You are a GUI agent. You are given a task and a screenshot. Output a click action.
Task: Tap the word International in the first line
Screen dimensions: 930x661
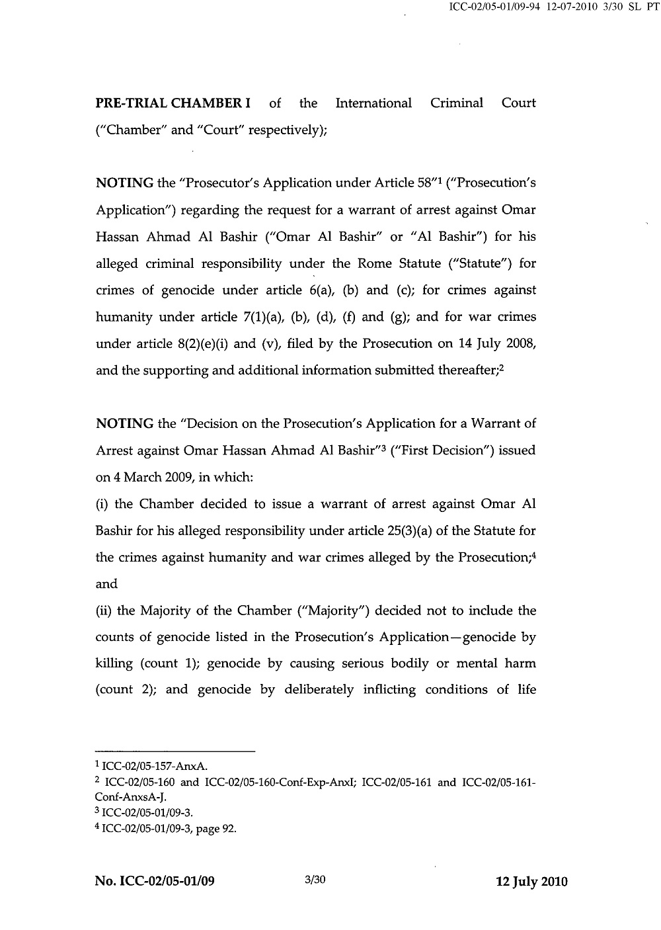[373, 103]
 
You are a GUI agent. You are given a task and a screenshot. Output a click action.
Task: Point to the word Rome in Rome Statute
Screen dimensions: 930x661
[375, 263]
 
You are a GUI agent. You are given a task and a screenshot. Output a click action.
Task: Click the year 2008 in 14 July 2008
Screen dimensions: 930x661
[520, 344]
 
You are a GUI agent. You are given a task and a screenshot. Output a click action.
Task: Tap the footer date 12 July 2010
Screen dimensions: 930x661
[531, 882]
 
